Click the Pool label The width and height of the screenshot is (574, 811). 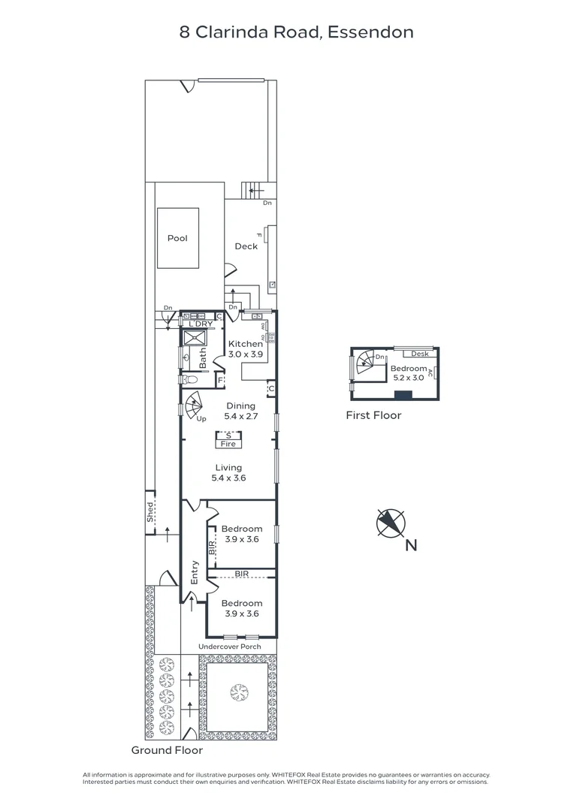point(177,239)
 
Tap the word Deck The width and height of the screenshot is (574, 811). point(246,246)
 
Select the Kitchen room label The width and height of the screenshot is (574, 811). point(246,344)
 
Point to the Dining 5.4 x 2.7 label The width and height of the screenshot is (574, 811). point(240,411)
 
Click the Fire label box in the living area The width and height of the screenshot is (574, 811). point(228,444)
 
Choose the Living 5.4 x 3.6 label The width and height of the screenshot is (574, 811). point(228,472)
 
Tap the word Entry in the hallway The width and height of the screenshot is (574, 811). point(195,572)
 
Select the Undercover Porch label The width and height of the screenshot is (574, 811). point(229,647)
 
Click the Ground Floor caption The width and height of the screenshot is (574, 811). point(167,750)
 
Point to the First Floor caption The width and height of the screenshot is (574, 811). point(373,415)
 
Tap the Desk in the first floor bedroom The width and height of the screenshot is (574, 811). point(419,354)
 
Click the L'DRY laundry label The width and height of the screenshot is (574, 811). point(202,324)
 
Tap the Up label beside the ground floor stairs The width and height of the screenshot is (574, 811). point(201,419)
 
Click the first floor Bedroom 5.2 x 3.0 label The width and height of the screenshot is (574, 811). point(408,373)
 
